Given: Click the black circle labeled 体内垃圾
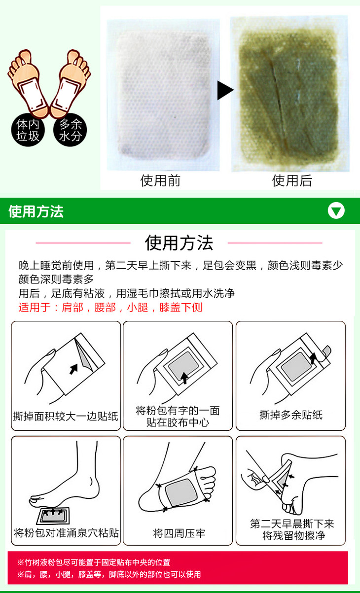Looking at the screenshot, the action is coord(28,130).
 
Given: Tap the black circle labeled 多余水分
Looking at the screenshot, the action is coord(70,130).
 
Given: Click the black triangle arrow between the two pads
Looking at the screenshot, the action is coord(225,90).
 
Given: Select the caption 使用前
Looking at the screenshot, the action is coord(160,181).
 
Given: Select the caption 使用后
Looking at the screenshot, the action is coord(292,181).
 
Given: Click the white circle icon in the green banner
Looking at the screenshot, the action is coord(336,210).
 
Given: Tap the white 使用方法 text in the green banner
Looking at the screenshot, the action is coord(36,211).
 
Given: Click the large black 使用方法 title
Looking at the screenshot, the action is coord(179,243).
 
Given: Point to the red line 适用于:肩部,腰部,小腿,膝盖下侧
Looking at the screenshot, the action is coord(110,308).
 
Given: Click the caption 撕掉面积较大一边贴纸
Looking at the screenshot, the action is coord(66,417).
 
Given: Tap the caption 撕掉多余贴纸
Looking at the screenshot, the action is coord(291,415).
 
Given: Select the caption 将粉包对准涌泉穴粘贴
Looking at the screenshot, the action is coord(66,533).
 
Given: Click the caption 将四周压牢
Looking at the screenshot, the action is coord(179,533).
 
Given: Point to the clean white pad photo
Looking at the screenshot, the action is coord(163,95).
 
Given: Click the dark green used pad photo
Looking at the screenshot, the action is coord(290,94).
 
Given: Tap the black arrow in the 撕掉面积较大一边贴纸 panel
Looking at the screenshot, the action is coord(73,369).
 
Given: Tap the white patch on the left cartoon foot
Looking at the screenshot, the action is coord(31,96).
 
